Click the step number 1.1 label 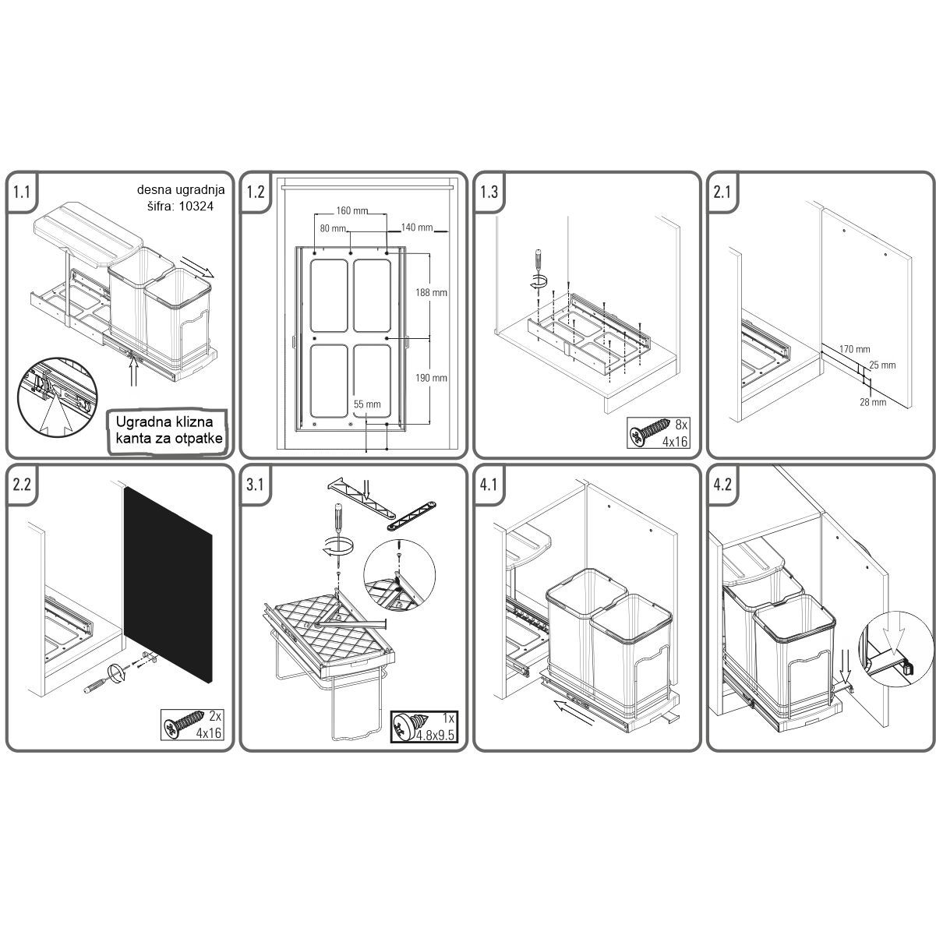[22, 192]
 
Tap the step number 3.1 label [255, 485]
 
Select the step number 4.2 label [722, 485]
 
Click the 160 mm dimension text [352, 211]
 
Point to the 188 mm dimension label [431, 292]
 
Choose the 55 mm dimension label [367, 404]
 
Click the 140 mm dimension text [417, 228]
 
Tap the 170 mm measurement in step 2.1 [855, 349]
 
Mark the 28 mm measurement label [873, 402]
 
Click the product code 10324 [196, 206]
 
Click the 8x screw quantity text [681, 425]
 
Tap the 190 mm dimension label [431, 378]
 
